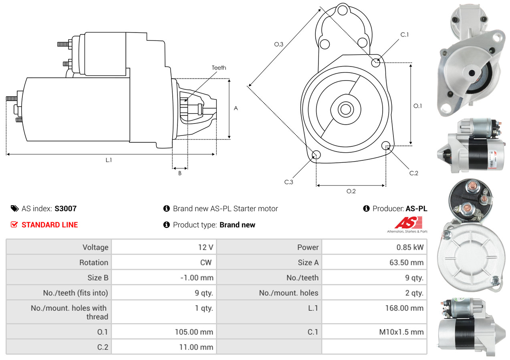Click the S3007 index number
[x=65, y=208]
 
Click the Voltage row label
[x=95, y=247]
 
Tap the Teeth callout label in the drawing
[x=219, y=68]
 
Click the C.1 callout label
[x=405, y=34]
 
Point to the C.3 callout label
[x=289, y=182]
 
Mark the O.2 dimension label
[x=351, y=191]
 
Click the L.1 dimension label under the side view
[x=109, y=160]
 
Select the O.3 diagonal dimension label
[x=279, y=44]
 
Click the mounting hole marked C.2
[x=386, y=145]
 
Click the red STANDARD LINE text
[x=50, y=225]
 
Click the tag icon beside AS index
[x=14, y=208]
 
